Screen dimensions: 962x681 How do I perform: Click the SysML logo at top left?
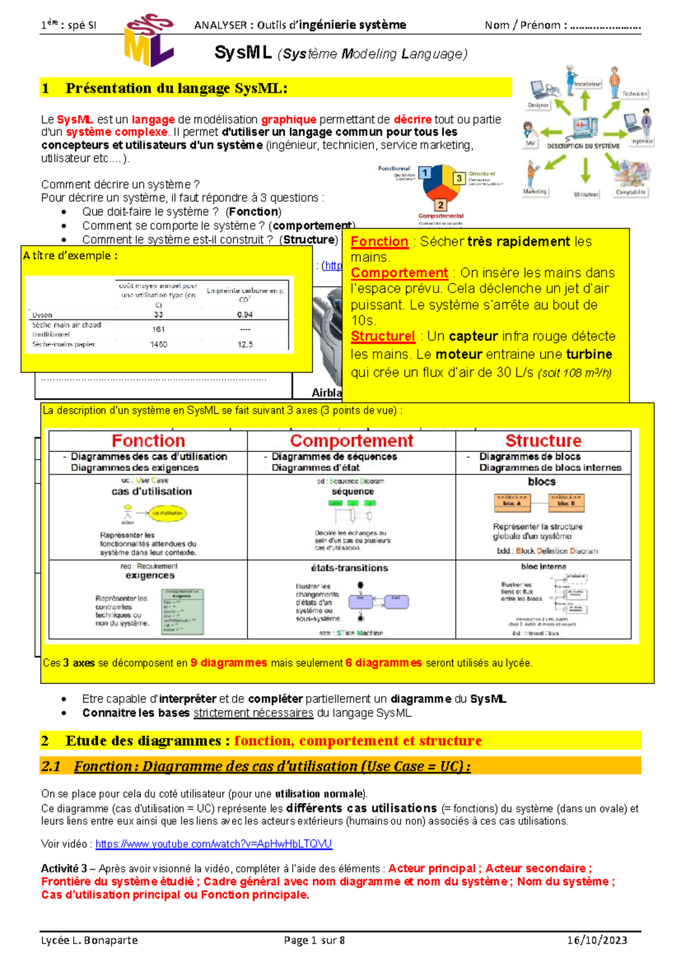148,40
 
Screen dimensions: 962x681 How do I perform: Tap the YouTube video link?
213,844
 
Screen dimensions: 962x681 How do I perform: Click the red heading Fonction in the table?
148,441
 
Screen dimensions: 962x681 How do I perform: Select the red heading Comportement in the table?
351,441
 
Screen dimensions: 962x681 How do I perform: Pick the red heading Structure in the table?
543,441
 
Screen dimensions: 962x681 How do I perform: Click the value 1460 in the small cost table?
158,344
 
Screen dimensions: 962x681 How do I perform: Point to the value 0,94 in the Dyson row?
245,315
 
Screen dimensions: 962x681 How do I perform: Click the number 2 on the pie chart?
440,205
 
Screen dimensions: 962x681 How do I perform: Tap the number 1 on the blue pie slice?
424,173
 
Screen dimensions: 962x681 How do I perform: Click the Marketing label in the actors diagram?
535,192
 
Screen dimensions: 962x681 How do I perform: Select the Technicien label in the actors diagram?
634,94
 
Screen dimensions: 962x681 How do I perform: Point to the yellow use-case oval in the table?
167,513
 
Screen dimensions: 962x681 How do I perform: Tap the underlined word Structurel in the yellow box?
382,336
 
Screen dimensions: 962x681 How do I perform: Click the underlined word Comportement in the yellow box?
399,273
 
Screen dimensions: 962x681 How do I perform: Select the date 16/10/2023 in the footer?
597,940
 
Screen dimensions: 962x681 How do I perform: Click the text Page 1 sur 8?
314,940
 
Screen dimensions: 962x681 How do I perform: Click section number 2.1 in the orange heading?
51,766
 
